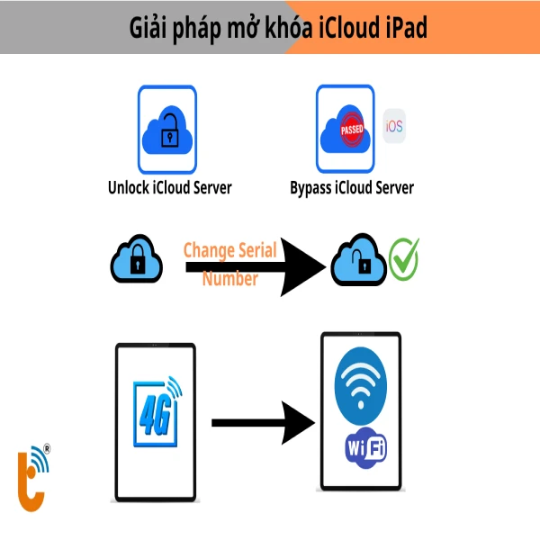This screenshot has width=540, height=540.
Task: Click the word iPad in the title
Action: (402, 27)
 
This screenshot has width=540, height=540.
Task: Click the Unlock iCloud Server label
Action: (169, 187)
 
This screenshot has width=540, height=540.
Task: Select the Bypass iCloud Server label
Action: (352, 187)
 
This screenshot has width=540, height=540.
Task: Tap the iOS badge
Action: (394, 127)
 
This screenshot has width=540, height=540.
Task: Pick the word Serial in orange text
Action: (269, 249)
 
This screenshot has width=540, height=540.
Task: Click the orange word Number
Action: (230, 278)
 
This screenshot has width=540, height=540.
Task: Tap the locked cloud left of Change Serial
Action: (136, 260)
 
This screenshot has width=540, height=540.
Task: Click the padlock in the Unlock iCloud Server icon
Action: (167, 137)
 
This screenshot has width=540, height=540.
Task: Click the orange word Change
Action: (210, 249)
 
